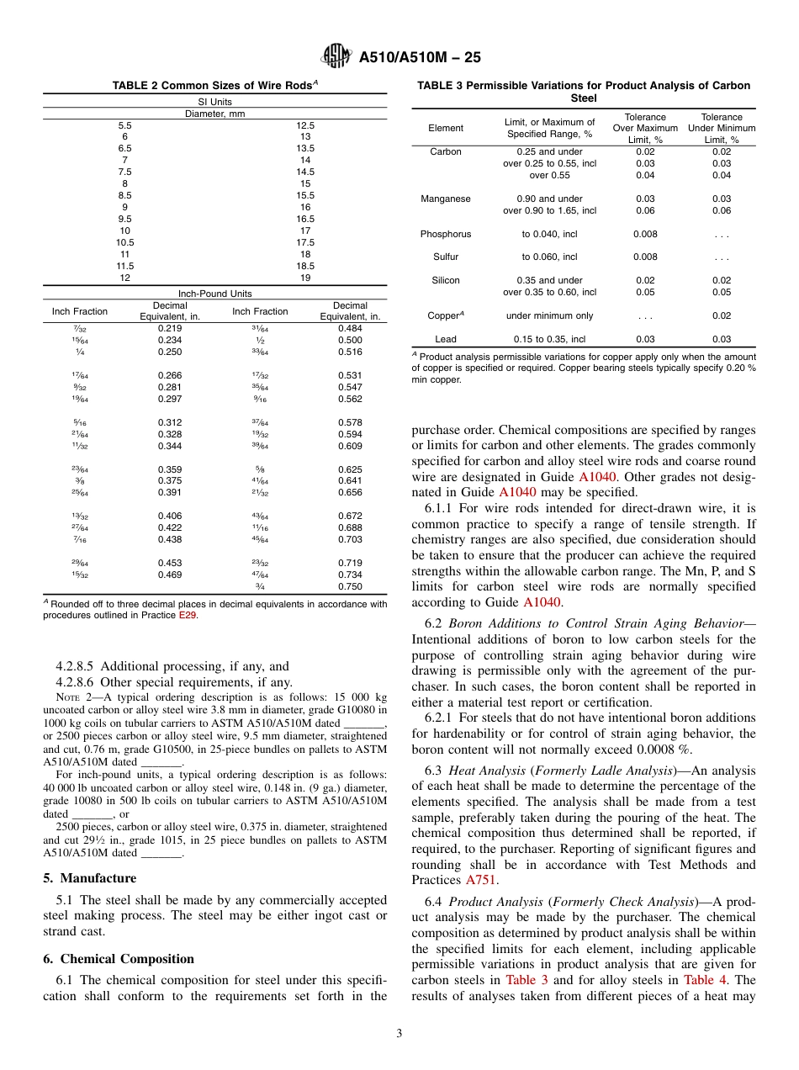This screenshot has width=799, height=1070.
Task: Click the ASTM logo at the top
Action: (337, 57)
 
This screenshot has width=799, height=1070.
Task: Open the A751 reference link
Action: (482, 881)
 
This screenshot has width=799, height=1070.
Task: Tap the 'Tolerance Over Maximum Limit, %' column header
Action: (645, 128)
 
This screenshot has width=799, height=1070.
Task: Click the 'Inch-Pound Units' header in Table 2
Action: (214, 294)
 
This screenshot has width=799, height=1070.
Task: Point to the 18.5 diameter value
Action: (305, 265)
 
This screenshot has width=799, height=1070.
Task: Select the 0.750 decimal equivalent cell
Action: (350, 585)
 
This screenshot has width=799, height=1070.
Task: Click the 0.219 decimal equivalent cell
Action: (170, 328)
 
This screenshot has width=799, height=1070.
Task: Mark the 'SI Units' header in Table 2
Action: (214, 102)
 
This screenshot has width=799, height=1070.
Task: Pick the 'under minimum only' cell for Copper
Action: (549, 315)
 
